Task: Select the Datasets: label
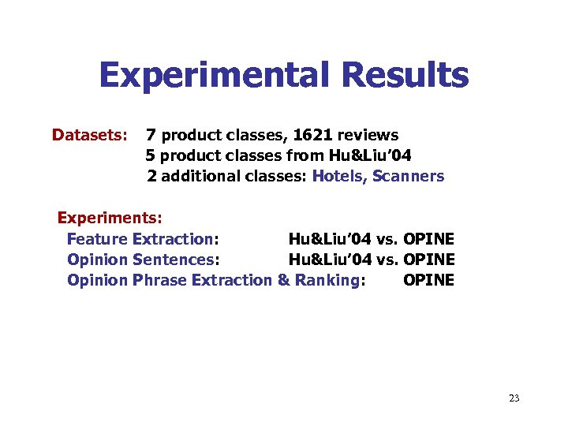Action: coord(90,136)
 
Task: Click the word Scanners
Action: coord(409,176)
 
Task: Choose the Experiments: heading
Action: coord(110,219)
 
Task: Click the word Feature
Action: coord(98,239)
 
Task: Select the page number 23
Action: coord(514,398)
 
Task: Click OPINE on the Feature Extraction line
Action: coord(428,239)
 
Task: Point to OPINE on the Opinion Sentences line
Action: coord(428,260)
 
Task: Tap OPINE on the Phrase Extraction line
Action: coord(428,280)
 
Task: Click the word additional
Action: coord(201,176)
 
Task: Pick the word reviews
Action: coord(369,136)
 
